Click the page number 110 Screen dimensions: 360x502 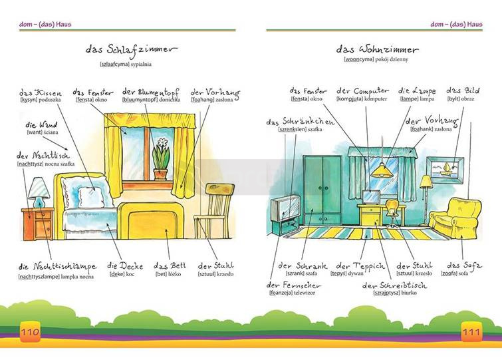[x=31, y=332]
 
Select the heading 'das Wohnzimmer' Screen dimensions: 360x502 [x=376, y=50]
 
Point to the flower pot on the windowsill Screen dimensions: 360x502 [x=160, y=162]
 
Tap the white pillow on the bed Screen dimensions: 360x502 [x=89, y=195]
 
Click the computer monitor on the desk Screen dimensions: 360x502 [x=370, y=198]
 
